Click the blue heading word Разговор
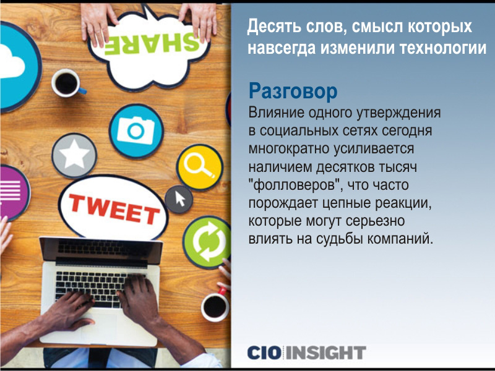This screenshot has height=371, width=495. click(x=293, y=92)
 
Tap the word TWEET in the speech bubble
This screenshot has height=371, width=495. click(x=114, y=209)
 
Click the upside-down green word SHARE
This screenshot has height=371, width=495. click(x=152, y=43)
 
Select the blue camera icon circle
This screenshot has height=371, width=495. click(x=136, y=131)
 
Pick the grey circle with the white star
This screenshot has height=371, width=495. click(x=74, y=156)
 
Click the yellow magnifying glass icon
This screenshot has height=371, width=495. click(x=199, y=167)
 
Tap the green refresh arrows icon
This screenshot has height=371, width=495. click(x=207, y=242)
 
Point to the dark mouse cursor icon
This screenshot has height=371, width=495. click(x=179, y=199)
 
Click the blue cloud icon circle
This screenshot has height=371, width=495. click(x=17, y=67)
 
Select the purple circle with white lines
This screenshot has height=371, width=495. click(x=12, y=192)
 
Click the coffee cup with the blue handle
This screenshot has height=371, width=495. click(x=67, y=83)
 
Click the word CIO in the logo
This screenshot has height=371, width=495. click(x=264, y=352)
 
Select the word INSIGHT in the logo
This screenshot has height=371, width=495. click(x=326, y=352)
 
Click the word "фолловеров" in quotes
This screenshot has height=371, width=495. click(x=295, y=185)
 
